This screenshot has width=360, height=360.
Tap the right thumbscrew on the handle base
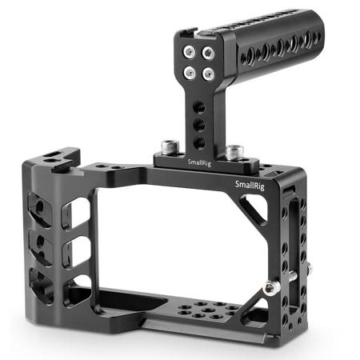(234, 151)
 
